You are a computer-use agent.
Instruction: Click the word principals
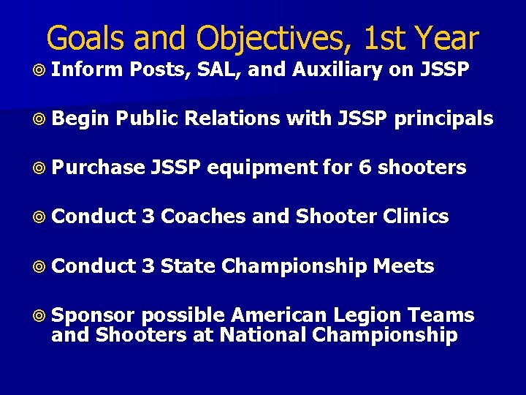443,119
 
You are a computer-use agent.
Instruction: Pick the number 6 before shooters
365,168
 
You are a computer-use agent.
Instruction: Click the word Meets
403,266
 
